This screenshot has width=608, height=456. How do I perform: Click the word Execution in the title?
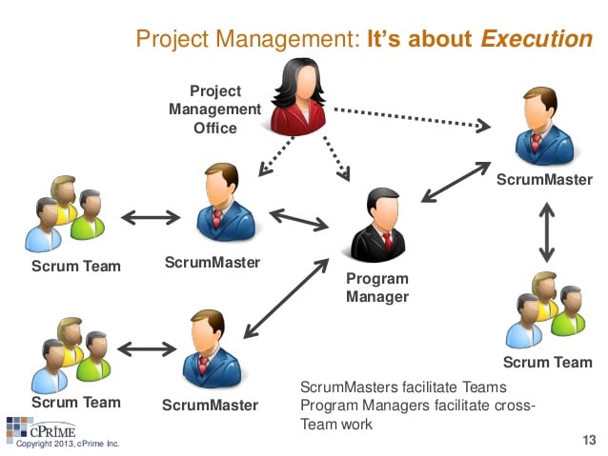click(537, 39)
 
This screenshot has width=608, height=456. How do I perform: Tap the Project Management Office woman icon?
click(298, 97)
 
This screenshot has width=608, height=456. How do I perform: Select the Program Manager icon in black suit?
click(378, 225)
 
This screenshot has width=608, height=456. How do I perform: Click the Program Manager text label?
click(377, 287)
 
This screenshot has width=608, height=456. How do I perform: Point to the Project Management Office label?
click(215, 109)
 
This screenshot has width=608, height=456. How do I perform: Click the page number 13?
click(589, 440)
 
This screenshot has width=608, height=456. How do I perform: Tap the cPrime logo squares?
click(19, 427)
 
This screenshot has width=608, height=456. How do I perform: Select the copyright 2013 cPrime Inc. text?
click(68, 444)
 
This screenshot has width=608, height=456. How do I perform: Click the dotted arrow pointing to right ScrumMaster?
click(413, 119)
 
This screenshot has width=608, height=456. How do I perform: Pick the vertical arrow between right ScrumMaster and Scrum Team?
click(547, 232)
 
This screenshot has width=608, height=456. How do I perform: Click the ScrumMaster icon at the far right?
click(544, 127)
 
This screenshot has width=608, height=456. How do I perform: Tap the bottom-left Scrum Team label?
click(76, 402)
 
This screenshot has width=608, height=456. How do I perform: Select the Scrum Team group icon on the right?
click(545, 310)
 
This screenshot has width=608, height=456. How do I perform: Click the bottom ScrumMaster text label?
click(211, 406)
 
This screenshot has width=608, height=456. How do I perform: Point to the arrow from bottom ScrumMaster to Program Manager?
click(286, 298)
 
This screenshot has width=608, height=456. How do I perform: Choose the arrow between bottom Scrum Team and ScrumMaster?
click(147, 349)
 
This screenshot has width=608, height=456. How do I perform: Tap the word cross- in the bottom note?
click(515, 406)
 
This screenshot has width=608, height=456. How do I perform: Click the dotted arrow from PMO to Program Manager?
click(336, 159)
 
